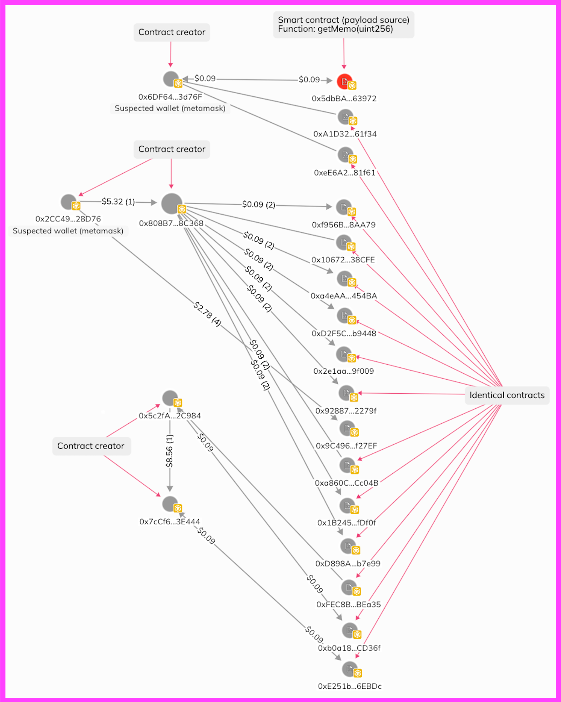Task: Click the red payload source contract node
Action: tap(345, 82)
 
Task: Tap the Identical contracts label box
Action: tap(507, 395)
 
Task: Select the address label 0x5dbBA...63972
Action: tap(344, 99)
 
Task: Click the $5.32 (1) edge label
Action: tap(118, 201)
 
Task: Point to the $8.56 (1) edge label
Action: tap(170, 451)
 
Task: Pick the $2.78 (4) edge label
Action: tap(207, 314)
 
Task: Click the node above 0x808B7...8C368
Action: tap(172, 203)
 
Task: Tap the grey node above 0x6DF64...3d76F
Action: tap(171, 79)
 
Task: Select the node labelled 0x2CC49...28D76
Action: tap(69, 202)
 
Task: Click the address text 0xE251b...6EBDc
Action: tap(350, 686)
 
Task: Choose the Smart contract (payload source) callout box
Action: tap(344, 25)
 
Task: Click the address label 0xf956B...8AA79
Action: tap(344, 225)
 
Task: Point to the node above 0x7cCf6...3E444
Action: tap(170, 504)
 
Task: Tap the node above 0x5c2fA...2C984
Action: tap(170, 398)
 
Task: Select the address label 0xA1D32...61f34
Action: tap(345, 134)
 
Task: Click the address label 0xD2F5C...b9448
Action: tap(344, 333)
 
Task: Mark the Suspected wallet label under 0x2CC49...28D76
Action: tap(68, 231)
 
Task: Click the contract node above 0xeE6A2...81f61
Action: tap(346, 155)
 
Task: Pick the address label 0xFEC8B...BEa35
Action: tap(348, 604)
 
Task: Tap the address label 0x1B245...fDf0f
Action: tap(346, 523)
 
